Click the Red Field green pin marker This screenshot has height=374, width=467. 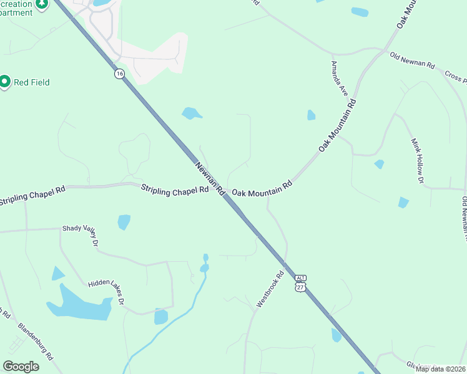click(x=5, y=82)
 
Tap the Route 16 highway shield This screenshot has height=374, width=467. click(x=119, y=74)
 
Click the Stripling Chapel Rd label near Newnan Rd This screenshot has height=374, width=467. click(x=174, y=189)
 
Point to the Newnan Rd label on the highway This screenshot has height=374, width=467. click(x=210, y=180)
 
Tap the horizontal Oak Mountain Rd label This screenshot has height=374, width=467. click(x=262, y=189)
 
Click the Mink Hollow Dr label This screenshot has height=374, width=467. click(x=416, y=161)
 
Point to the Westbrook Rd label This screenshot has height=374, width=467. click(x=270, y=290)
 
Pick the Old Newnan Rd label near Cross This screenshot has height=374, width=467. click(x=413, y=65)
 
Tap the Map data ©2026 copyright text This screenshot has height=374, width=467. click(x=441, y=369)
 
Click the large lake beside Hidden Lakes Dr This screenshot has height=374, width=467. click(x=78, y=304)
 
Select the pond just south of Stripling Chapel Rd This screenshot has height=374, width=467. click(x=124, y=222)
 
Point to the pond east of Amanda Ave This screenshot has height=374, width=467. click(x=311, y=115)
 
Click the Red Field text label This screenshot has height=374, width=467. click(x=32, y=82)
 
